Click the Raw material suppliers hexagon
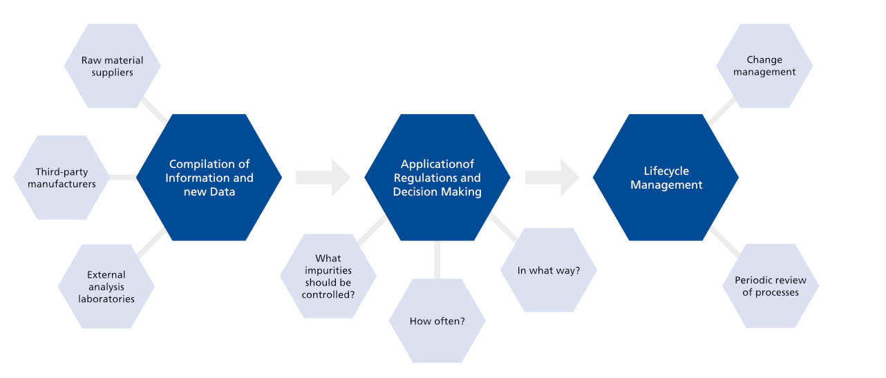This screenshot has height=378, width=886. click(x=112, y=66)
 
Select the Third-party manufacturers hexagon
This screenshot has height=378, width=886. click(x=62, y=178)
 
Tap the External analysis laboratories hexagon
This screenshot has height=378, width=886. click(x=106, y=287)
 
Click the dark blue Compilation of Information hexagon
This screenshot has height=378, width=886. click(x=209, y=178)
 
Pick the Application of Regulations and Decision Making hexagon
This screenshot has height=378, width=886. click(x=437, y=178)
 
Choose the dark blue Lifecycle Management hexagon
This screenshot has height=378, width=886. click(x=666, y=178)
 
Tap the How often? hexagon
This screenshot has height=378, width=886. click(x=437, y=321)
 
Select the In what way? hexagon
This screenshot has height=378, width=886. click(x=549, y=270)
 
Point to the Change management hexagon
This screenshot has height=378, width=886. click(x=764, y=66)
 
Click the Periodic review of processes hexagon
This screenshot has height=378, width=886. click(x=770, y=286)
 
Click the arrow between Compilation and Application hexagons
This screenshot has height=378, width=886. click(x=323, y=178)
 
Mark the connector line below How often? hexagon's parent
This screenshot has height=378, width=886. click(x=437, y=260)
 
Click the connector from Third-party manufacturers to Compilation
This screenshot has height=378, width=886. click(x=123, y=178)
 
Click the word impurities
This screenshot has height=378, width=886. click(x=328, y=271)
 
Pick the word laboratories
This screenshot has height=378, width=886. click(x=106, y=299)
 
